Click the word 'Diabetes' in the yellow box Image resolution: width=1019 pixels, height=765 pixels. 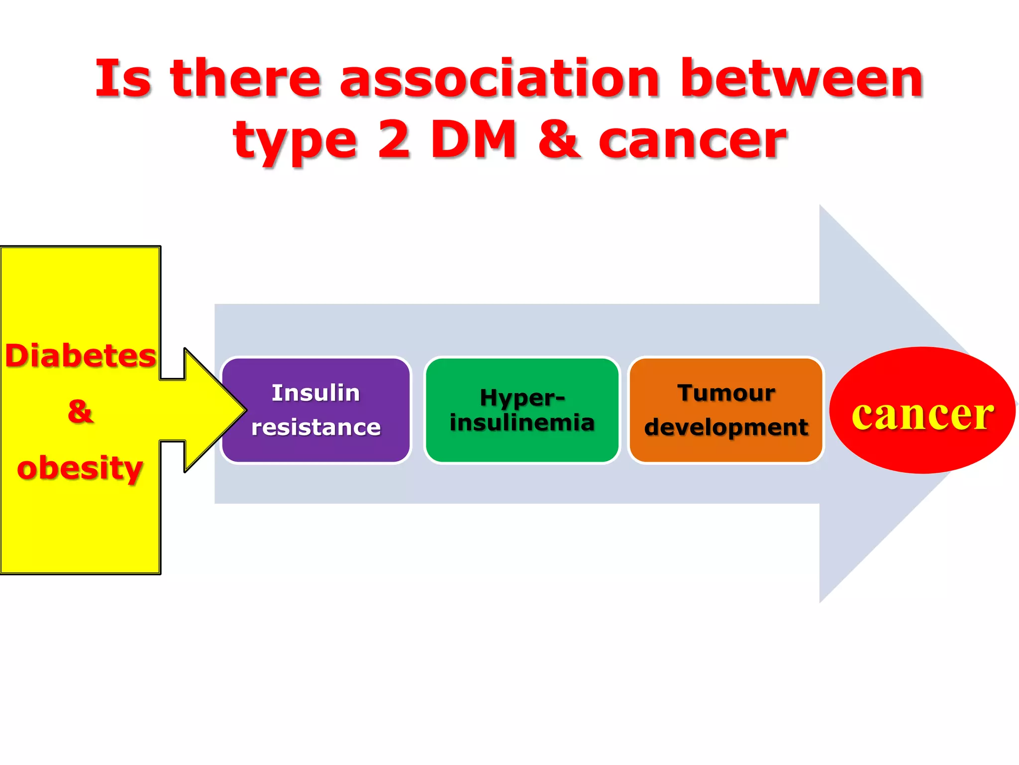click(81, 356)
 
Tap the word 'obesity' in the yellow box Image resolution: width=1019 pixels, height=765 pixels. click(80, 468)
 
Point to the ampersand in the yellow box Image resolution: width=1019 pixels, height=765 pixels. click(80, 412)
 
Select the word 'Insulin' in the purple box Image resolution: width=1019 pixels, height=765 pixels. click(315, 393)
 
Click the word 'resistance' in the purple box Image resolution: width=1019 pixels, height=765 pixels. click(315, 427)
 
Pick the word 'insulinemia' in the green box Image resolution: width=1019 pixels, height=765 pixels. click(522, 422)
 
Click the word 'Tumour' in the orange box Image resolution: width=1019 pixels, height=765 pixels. click(726, 393)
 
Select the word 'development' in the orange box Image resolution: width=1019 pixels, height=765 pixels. click(726, 427)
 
